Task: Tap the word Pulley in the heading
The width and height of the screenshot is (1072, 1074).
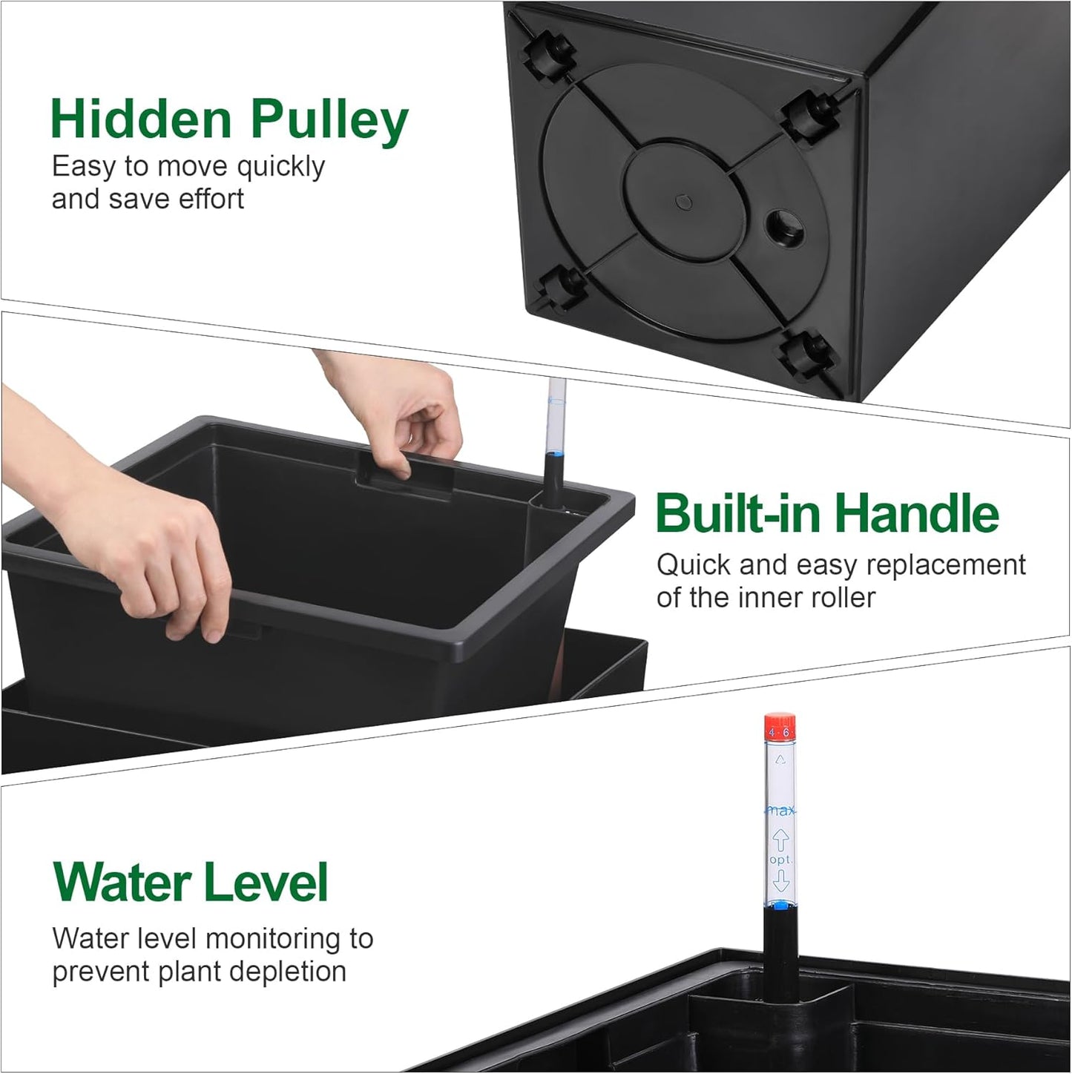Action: [329, 120]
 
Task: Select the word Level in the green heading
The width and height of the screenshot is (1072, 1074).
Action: [265, 883]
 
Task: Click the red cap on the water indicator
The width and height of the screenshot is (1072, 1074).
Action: [780, 727]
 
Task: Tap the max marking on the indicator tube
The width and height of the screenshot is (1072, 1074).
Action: [780, 811]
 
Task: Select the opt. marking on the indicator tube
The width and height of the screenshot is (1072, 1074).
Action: [780, 860]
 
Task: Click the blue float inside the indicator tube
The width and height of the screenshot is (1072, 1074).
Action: [780, 904]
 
